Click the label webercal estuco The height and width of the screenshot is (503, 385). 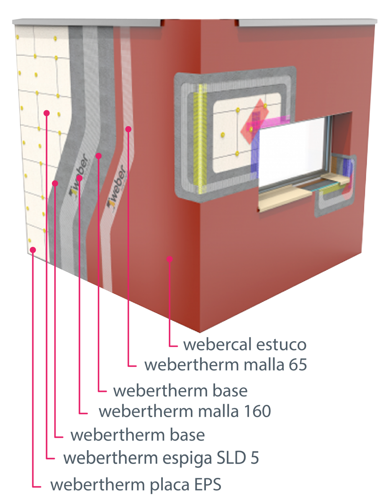pyautogui.click(x=245, y=345)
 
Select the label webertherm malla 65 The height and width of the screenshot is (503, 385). pyautogui.click(x=226, y=365)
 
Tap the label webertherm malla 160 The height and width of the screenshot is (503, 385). pyautogui.click(x=185, y=411)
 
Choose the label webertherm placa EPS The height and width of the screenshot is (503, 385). pyautogui.click(x=136, y=485)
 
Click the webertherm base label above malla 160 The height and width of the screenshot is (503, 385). pyautogui.click(x=180, y=391)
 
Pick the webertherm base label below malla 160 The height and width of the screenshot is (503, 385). pyautogui.click(x=138, y=435)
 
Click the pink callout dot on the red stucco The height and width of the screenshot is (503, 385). pyautogui.click(x=169, y=259)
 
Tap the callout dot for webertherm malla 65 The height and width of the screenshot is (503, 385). pyautogui.click(x=128, y=129)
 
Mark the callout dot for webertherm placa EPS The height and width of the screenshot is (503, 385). pyautogui.click(x=33, y=250)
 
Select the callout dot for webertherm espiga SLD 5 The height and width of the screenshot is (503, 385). pyautogui.click(x=47, y=113)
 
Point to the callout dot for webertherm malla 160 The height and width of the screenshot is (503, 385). pyautogui.click(x=80, y=178)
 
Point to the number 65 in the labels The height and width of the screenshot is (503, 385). pyautogui.click(x=298, y=365)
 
